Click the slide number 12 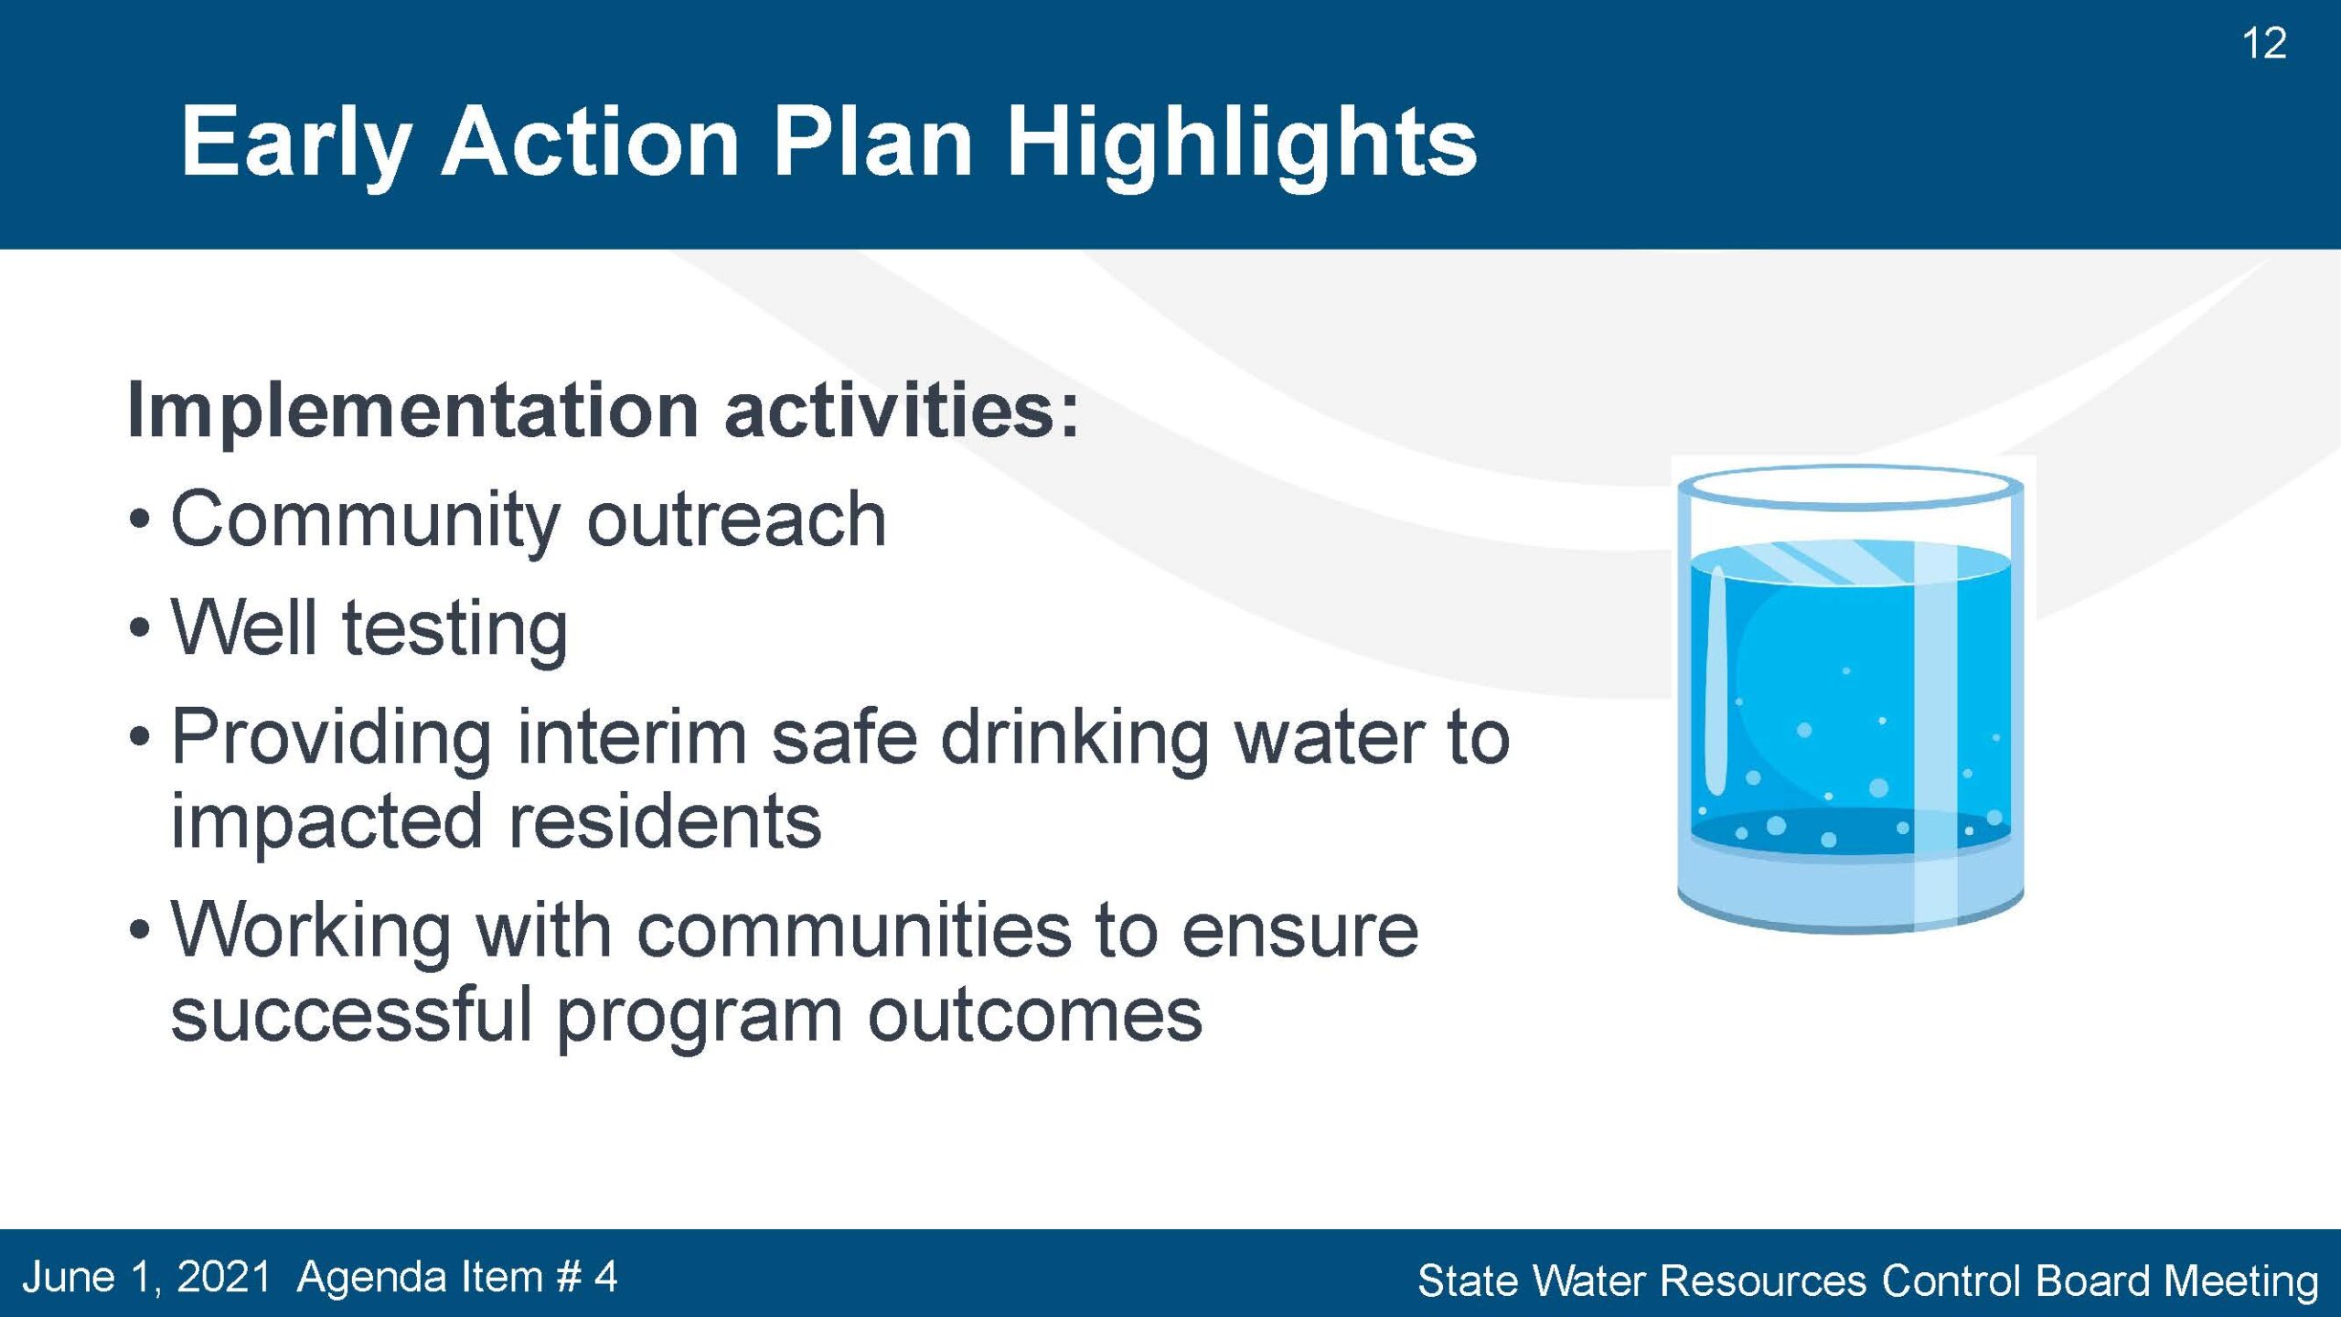[2264, 44]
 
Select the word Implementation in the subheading [413, 412]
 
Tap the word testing [455, 631]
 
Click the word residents [665, 821]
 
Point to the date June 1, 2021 [147, 1278]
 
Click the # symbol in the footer [568, 1277]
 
